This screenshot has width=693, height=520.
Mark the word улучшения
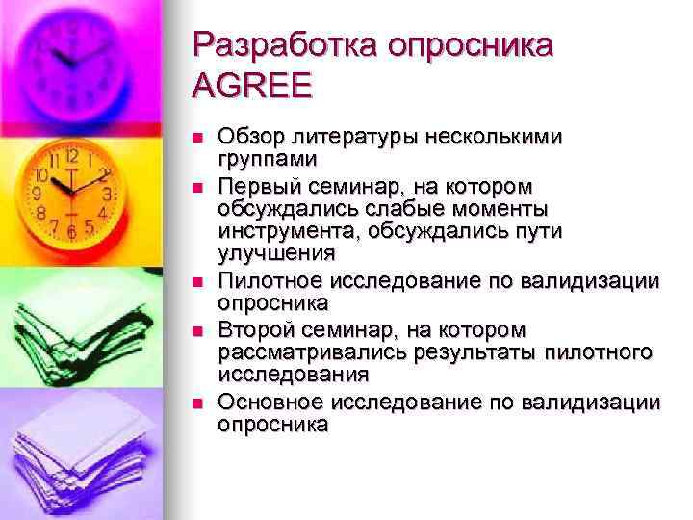276,254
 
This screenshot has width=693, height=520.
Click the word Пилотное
270,281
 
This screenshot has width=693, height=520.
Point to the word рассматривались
299,352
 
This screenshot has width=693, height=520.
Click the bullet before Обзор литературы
198,138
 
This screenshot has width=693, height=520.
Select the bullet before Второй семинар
198,330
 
